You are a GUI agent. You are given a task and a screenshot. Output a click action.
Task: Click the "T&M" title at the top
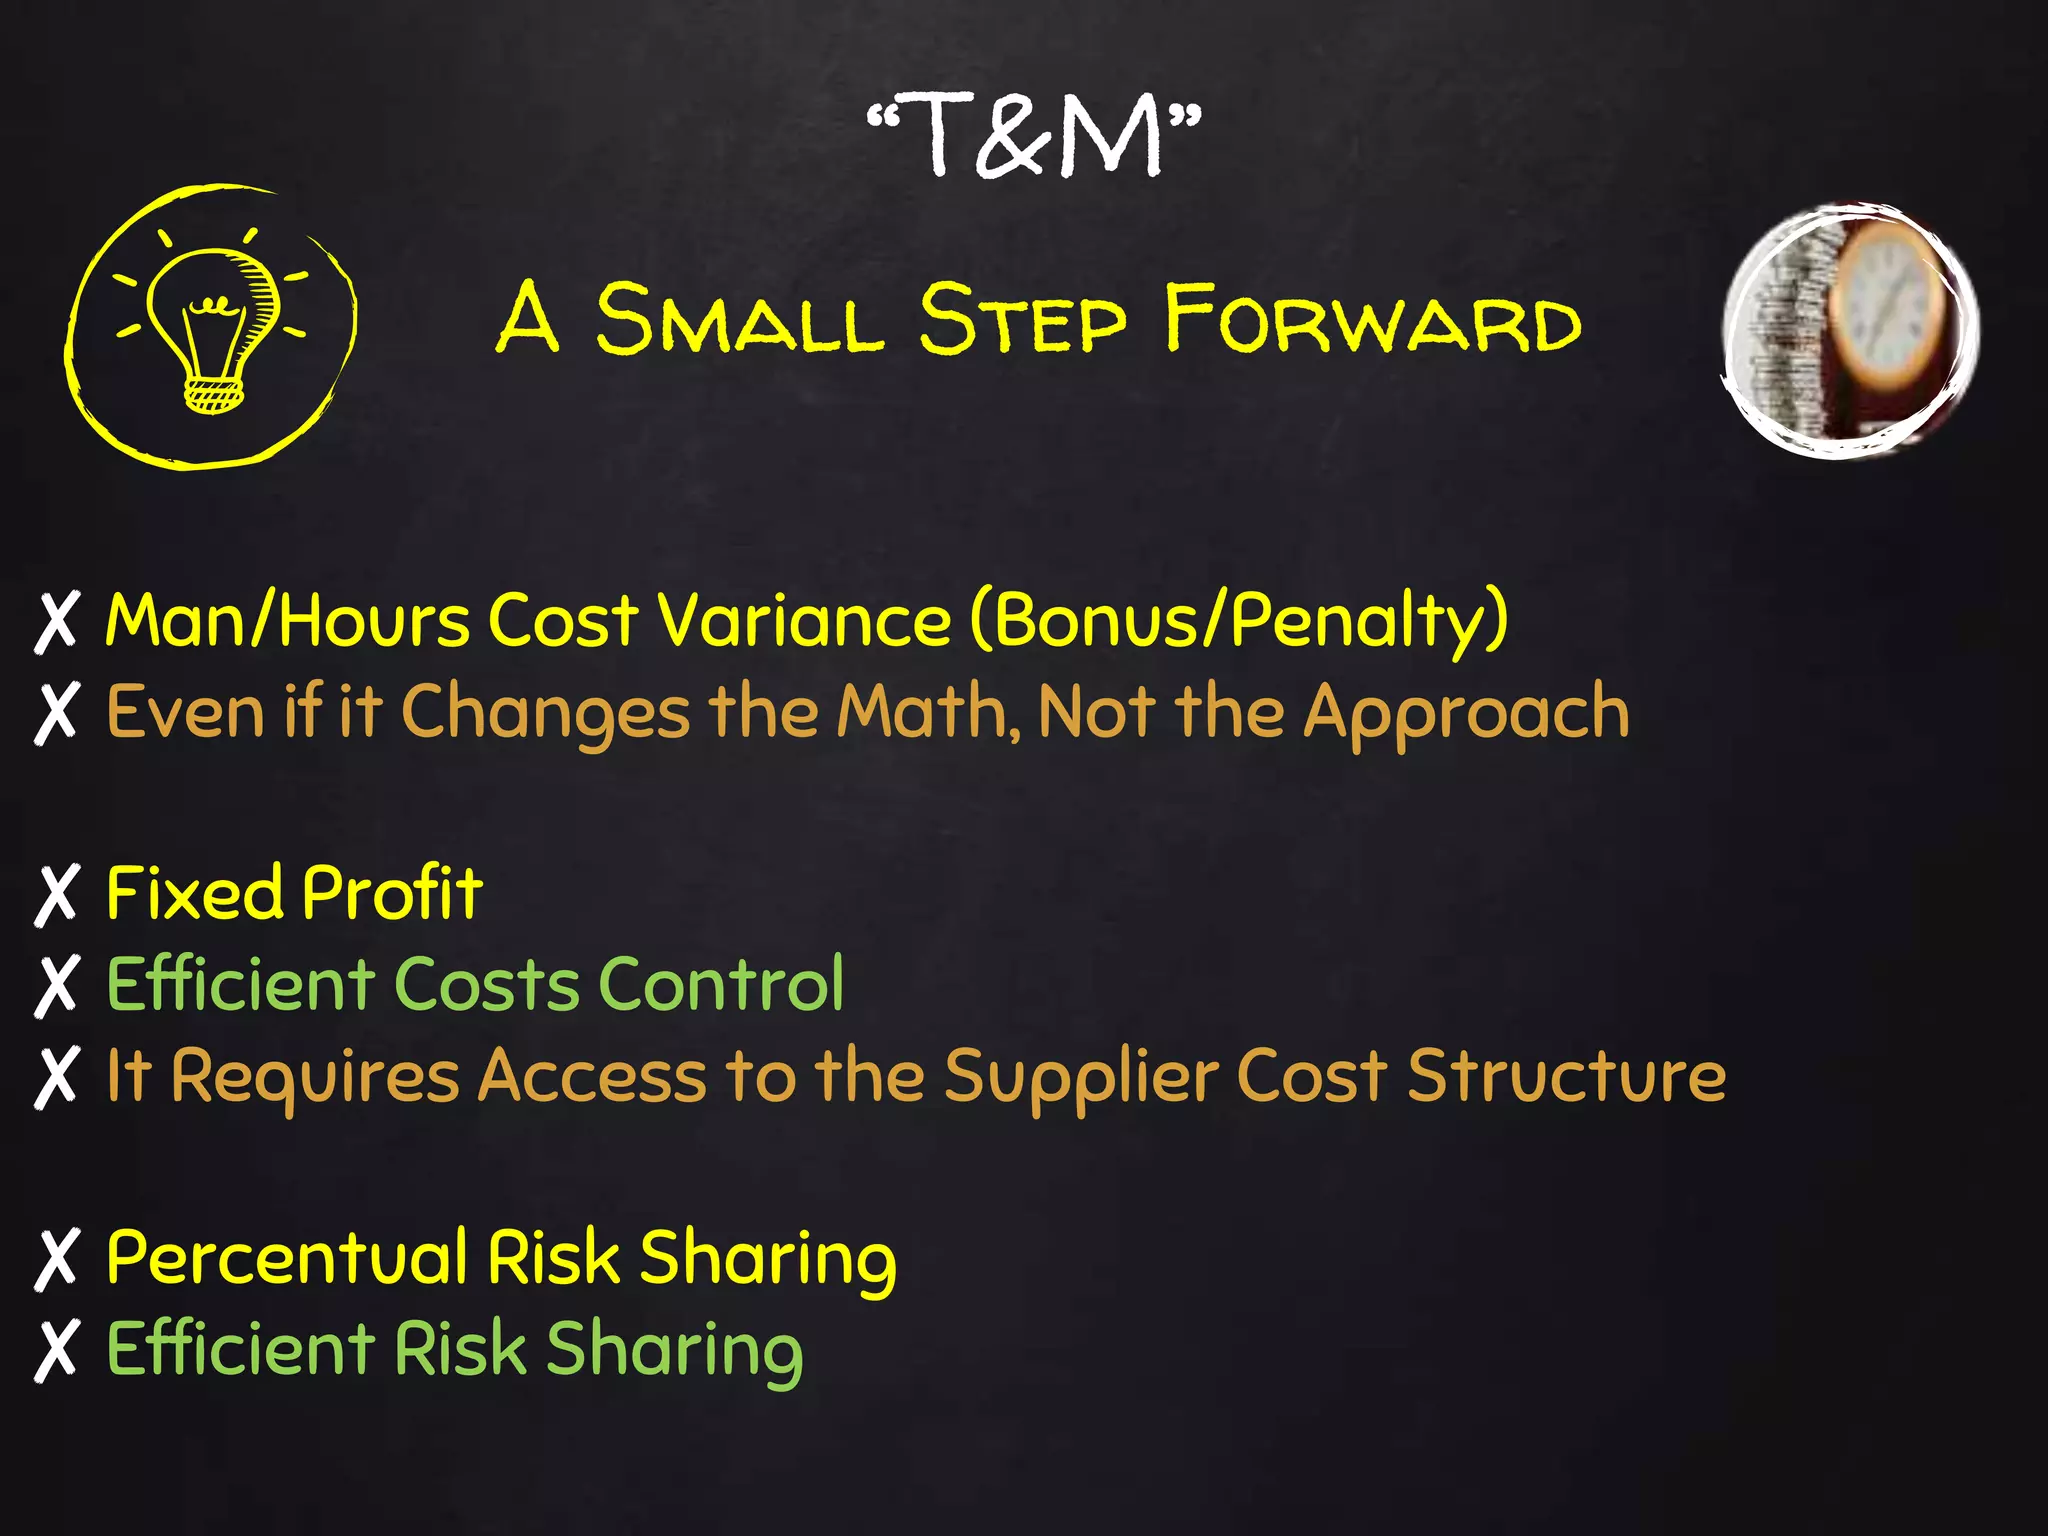(x=1034, y=134)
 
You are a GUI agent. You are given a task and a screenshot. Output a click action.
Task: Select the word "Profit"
(x=392, y=893)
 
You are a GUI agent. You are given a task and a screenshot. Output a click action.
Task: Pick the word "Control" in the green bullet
(x=721, y=984)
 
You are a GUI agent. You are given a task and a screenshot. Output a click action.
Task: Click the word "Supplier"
(x=1081, y=1078)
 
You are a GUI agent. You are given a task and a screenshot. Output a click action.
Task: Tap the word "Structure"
(x=1566, y=1076)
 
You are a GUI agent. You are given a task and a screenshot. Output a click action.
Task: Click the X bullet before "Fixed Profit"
(x=57, y=894)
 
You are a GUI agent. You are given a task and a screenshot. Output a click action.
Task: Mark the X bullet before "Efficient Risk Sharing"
(x=57, y=1350)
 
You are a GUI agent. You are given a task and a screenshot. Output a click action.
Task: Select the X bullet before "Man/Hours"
(x=57, y=622)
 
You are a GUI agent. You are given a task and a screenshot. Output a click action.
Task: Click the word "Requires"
(x=314, y=1078)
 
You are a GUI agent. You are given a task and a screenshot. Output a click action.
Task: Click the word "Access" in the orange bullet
(x=592, y=1076)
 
